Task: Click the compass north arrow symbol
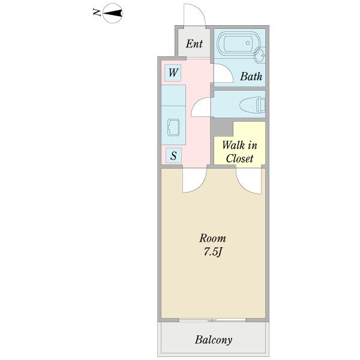point(113,13)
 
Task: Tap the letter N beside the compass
point(97,12)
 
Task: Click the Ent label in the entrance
point(194,44)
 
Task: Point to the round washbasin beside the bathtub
point(259,55)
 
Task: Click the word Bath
point(251,76)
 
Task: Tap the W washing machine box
point(173,73)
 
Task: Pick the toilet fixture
point(253,105)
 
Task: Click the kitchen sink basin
point(173,127)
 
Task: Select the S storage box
point(173,155)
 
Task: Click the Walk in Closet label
point(239,152)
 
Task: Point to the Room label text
point(212,238)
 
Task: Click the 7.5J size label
point(212,252)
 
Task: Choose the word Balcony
point(214,340)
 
